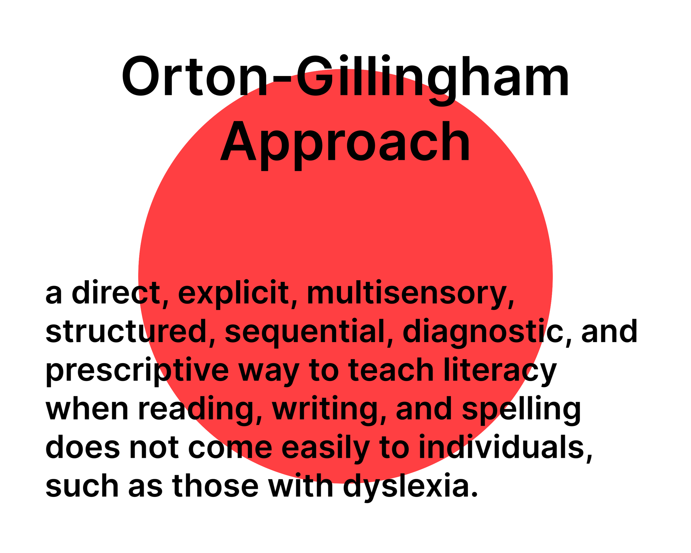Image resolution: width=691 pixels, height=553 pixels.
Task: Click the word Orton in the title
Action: [194, 76]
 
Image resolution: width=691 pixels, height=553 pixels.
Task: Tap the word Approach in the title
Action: [345, 142]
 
